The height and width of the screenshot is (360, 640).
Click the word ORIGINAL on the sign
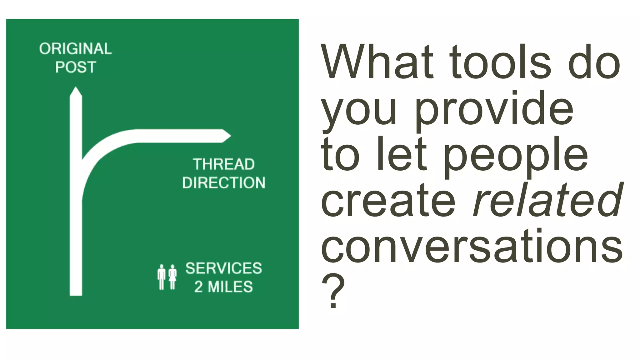coord(75,49)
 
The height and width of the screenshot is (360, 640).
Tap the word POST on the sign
coord(76,67)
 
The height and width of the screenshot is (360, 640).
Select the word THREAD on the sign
coord(224,164)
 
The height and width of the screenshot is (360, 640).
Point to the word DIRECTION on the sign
coord(224,183)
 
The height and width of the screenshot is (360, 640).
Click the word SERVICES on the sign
coord(224,268)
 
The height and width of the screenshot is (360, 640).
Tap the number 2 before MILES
coord(198,287)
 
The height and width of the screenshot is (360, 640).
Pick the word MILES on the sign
coord(230,287)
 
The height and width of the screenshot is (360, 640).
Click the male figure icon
coord(161,277)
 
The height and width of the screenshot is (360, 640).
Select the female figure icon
coord(172,277)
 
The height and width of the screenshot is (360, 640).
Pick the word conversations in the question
coord(472,247)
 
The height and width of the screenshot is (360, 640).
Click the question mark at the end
coord(333,291)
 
